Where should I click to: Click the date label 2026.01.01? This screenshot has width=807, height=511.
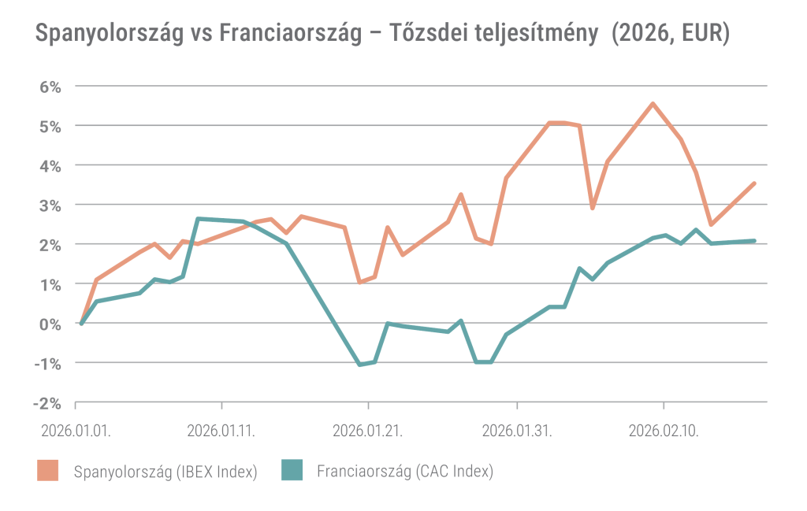click(x=76, y=431)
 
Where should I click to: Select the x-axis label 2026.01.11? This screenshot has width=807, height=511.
click(x=221, y=431)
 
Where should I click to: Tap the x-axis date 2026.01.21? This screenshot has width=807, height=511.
click(x=368, y=431)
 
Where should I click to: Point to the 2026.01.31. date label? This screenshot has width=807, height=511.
click(x=516, y=431)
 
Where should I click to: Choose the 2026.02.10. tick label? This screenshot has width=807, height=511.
click(x=664, y=431)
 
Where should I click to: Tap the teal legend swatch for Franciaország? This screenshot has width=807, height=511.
click(x=292, y=471)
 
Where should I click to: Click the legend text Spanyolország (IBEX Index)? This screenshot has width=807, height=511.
click(x=165, y=472)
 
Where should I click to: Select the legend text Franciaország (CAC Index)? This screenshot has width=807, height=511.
click(x=405, y=472)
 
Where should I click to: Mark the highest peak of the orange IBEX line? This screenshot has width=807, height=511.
click(x=653, y=103)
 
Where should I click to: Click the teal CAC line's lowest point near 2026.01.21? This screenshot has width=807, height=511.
click(x=359, y=365)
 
